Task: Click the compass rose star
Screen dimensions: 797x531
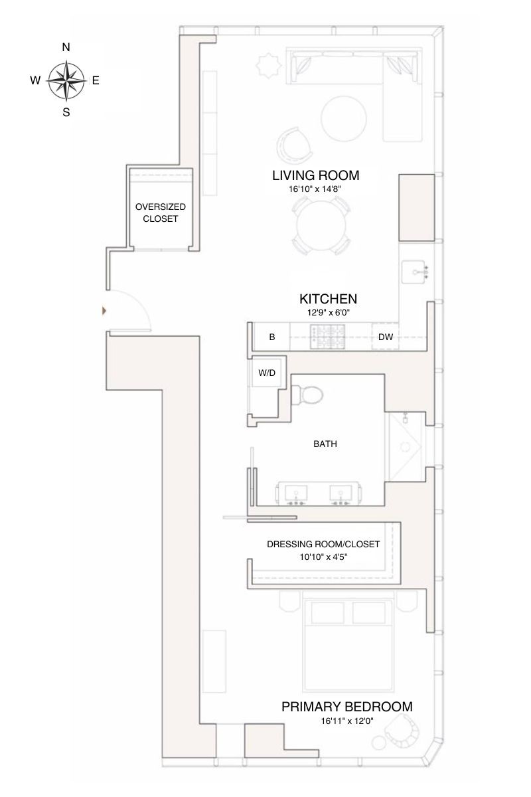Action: pyautogui.click(x=66, y=80)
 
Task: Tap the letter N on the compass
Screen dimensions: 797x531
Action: pyautogui.click(x=66, y=47)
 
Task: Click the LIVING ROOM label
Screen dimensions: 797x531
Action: pyautogui.click(x=315, y=175)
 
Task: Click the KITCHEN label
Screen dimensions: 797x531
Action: pyautogui.click(x=329, y=299)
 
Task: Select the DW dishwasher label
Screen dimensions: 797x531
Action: pyautogui.click(x=386, y=337)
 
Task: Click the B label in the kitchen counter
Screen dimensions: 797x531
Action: pyautogui.click(x=272, y=337)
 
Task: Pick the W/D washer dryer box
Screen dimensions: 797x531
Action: pyautogui.click(x=267, y=374)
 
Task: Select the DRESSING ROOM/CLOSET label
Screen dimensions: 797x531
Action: pyautogui.click(x=323, y=544)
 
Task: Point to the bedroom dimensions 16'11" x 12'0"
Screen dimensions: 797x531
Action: pyautogui.click(x=346, y=721)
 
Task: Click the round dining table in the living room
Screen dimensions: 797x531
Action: pyautogui.click(x=320, y=226)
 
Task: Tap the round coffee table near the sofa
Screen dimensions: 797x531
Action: pyautogui.click(x=343, y=118)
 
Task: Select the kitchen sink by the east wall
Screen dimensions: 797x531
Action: pyautogui.click(x=417, y=271)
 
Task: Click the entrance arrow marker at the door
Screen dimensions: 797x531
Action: pyautogui.click(x=103, y=310)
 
